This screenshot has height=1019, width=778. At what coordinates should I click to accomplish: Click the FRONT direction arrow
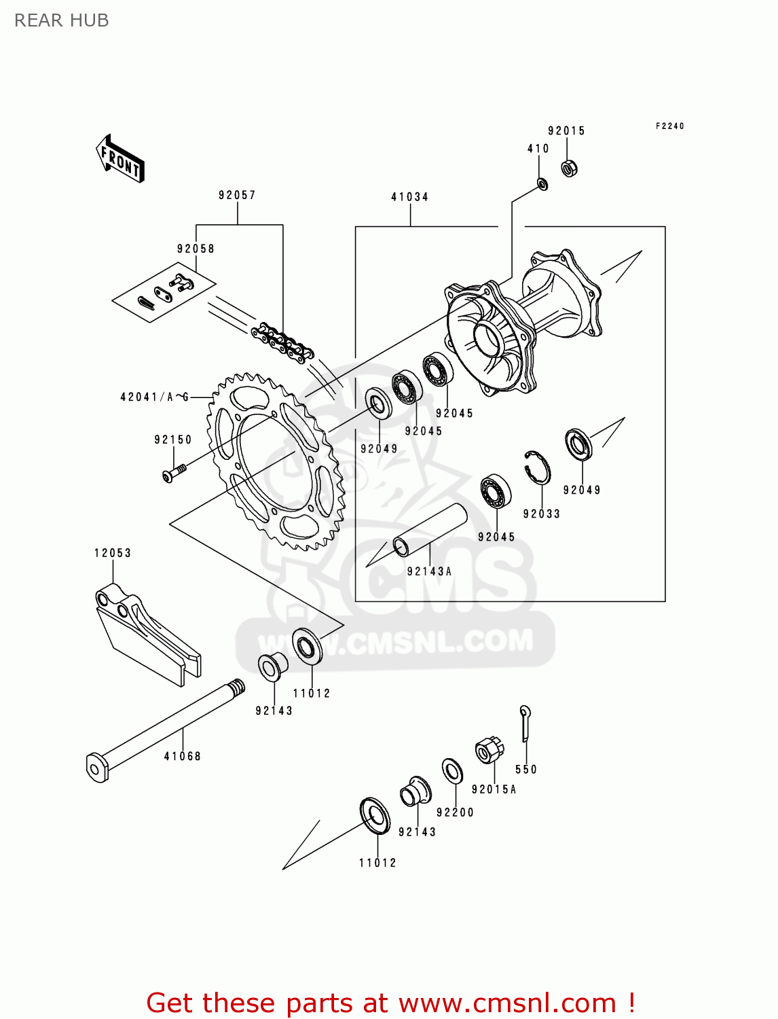tap(121, 159)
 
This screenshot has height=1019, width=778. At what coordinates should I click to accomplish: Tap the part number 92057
tap(237, 196)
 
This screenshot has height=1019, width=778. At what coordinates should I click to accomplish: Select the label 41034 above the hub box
tap(409, 197)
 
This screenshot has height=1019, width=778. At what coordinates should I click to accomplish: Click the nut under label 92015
tap(570, 167)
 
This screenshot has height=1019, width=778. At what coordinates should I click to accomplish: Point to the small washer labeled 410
tap(542, 183)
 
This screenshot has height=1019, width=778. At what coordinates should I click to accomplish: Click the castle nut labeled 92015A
tap(489, 750)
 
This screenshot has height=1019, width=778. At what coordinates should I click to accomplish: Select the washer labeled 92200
tap(452, 771)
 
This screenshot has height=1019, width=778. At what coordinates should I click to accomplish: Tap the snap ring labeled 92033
tap(537, 467)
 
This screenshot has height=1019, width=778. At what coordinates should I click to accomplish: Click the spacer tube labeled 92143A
tap(431, 531)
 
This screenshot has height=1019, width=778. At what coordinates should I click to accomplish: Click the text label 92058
tap(196, 249)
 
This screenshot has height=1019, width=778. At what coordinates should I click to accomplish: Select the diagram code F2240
tap(669, 126)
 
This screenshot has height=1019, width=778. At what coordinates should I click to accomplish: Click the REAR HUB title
tap(62, 21)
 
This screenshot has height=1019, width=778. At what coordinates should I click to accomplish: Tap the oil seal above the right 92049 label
tap(578, 444)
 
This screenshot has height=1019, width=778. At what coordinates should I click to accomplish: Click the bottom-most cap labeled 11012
tap(375, 816)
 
